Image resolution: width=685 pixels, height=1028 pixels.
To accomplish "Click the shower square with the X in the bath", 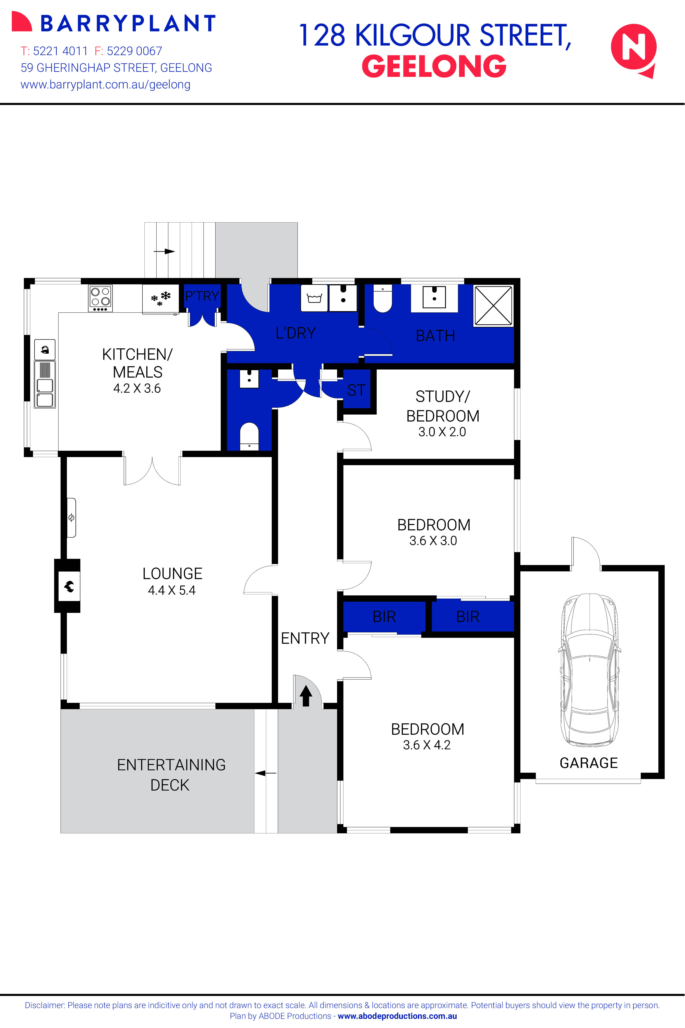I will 493,306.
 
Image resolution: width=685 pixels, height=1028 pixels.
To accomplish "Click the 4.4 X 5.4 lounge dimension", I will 172,590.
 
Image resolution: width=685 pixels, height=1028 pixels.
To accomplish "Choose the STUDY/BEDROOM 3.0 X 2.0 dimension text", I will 442,432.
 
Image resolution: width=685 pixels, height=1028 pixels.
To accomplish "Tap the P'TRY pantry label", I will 202,296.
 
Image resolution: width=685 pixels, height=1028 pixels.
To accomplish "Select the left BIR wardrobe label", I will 384,617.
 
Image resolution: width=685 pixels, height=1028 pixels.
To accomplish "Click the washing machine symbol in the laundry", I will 315,298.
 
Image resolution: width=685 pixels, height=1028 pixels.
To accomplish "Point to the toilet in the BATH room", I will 383,299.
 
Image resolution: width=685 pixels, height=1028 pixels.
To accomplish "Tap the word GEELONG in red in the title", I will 434,66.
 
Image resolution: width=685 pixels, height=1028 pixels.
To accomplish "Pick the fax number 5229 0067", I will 134,51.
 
